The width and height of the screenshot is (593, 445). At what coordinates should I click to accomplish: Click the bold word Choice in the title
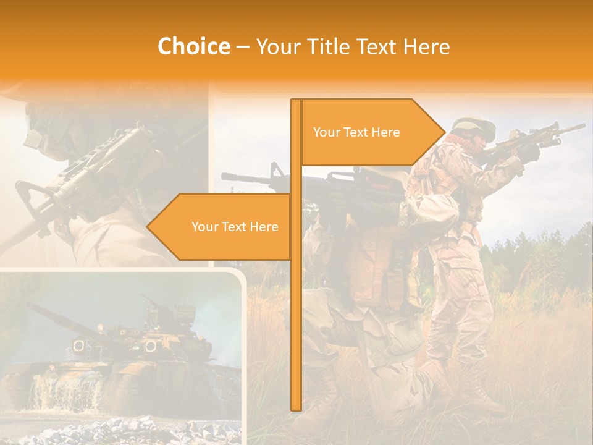pyautogui.click(x=193, y=46)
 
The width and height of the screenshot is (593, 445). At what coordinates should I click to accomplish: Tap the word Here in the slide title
pyautogui.click(x=426, y=46)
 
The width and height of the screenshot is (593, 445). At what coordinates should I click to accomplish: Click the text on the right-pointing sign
pyautogui.click(x=356, y=132)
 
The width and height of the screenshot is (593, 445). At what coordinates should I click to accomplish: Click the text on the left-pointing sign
pyautogui.click(x=235, y=227)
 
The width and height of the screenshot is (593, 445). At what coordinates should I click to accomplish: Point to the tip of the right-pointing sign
pyautogui.click(x=444, y=132)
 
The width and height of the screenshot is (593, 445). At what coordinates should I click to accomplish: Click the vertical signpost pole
pyautogui.click(x=296, y=309)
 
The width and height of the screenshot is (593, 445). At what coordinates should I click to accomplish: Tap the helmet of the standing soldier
pyautogui.click(x=476, y=127)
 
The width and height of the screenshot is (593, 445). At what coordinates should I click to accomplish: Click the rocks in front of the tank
pyautogui.click(x=124, y=430)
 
